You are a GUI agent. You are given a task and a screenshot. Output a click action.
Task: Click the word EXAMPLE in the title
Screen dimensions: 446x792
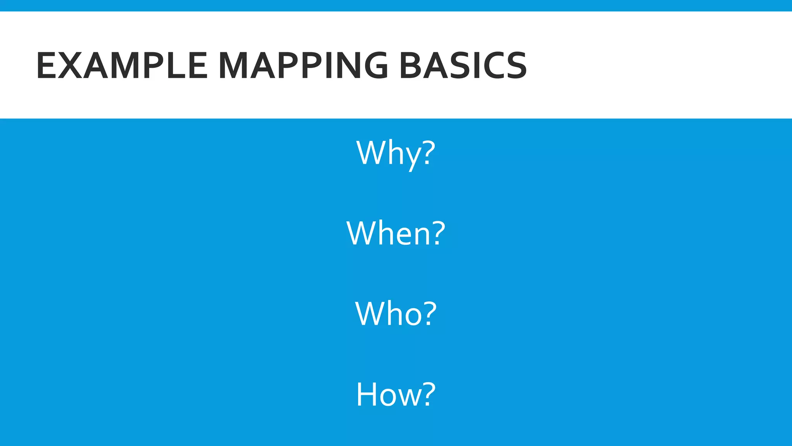point(121,66)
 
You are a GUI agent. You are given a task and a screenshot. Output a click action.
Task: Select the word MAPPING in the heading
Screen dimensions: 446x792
point(303,66)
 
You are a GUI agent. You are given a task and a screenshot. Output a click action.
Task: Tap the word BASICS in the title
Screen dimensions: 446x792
point(463,66)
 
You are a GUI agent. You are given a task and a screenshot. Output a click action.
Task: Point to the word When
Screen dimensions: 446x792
point(388,233)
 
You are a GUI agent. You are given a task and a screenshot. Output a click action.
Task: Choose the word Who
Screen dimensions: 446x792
point(388,314)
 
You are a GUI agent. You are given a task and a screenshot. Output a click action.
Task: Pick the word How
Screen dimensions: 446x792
point(388,394)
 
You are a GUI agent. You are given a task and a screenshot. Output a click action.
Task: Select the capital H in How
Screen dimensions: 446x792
point(366,394)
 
